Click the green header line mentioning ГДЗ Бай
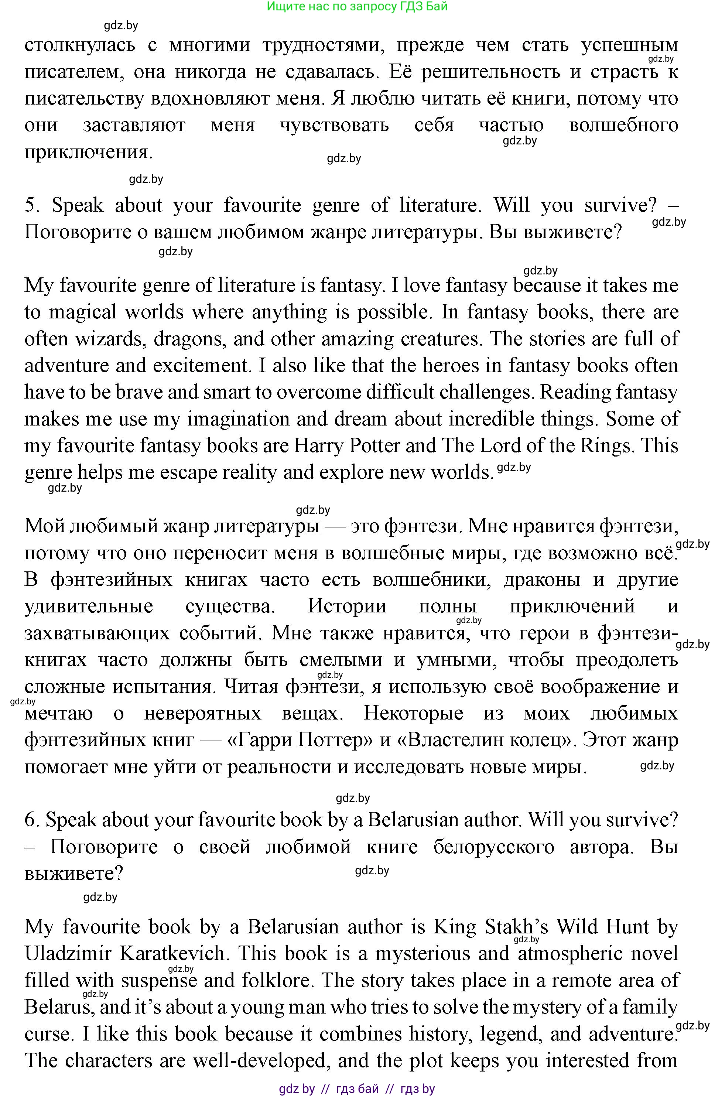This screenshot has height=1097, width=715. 357,6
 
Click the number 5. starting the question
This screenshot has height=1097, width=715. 32,205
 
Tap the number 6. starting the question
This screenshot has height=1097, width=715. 33,820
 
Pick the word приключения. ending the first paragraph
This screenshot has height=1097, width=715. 88,152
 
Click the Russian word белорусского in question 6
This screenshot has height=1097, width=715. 494,847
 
